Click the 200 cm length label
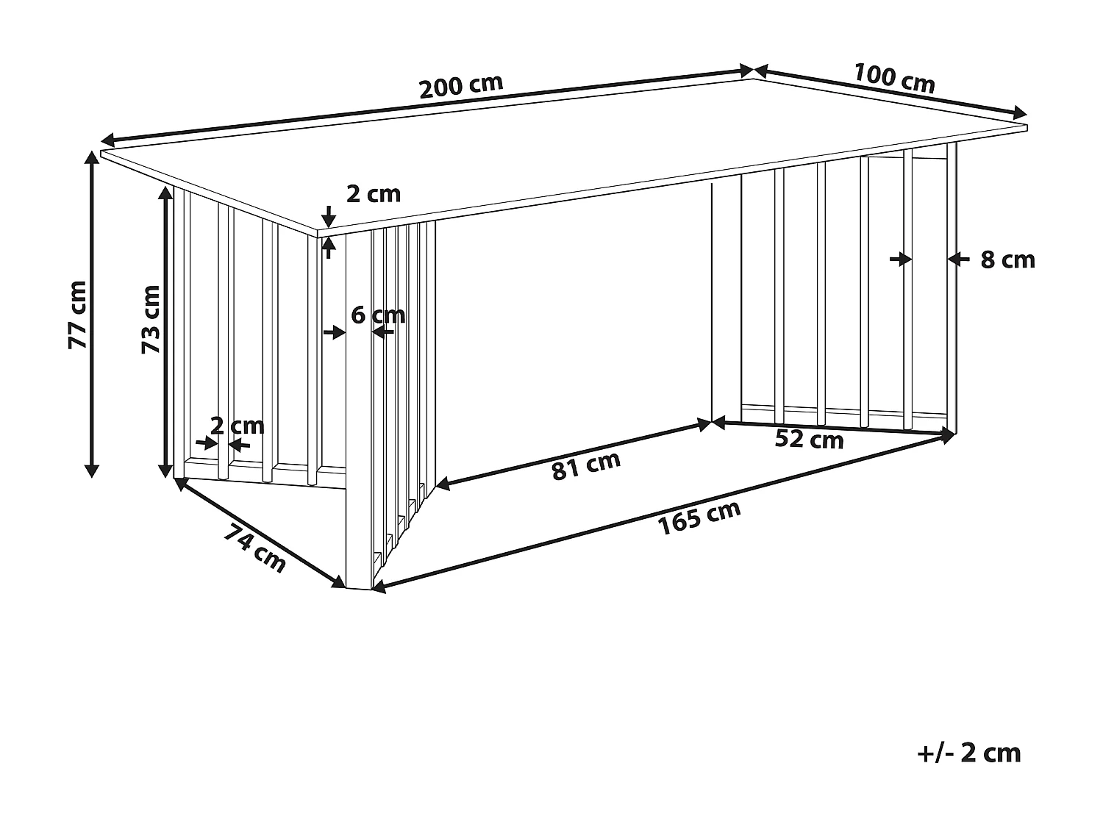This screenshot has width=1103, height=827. click(461, 86)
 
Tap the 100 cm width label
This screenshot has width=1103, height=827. click(894, 78)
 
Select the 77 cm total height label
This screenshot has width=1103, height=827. click(77, 314)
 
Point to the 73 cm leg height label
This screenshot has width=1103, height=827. click(151, 319)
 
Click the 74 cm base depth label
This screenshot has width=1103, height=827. click(254, 548)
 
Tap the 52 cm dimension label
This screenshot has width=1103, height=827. click(810, 440)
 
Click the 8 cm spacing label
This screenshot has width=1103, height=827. click(1007, 259)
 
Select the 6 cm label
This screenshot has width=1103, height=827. click(378, 315)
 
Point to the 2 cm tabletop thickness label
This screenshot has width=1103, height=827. click(374, 193)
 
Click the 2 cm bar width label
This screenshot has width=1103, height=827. click(237, 425)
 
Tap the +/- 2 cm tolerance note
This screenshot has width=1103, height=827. click(969, 753)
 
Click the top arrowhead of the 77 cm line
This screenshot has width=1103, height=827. click(92, 157)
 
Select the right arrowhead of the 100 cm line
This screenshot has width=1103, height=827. click(1021, 113)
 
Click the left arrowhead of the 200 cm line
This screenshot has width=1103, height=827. click(107, 140)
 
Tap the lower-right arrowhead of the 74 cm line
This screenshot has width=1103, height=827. click(340, 583)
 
